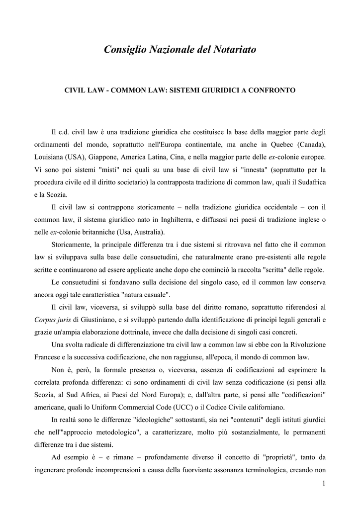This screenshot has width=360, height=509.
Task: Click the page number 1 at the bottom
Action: [323, 485]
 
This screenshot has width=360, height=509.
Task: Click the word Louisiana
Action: [50, 157]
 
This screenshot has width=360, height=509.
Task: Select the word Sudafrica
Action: [309, 182]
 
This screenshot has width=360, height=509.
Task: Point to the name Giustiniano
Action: [94, 320]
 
